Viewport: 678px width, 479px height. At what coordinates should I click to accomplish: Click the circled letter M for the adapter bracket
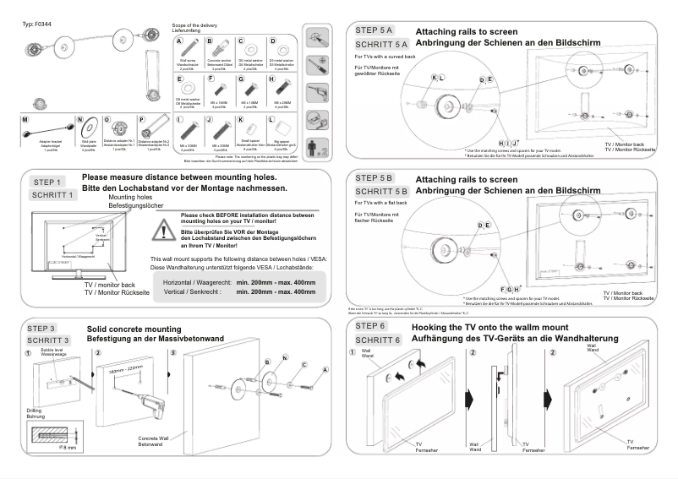pos(25,121)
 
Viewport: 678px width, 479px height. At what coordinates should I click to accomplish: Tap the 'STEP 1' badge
pos(46,182)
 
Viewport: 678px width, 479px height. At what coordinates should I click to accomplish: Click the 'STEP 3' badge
pos(46,329)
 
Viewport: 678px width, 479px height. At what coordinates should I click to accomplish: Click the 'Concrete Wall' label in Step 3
pos(155,438)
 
